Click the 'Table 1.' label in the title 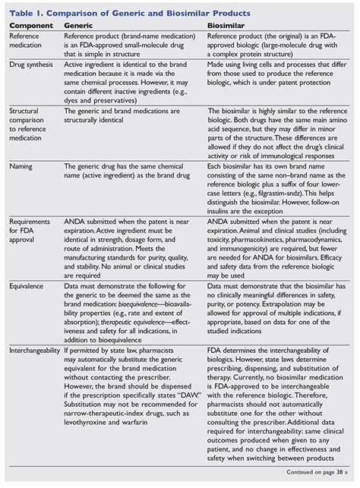click(27, 13)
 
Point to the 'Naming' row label click(21, 165)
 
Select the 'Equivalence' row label click(28, 265)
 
